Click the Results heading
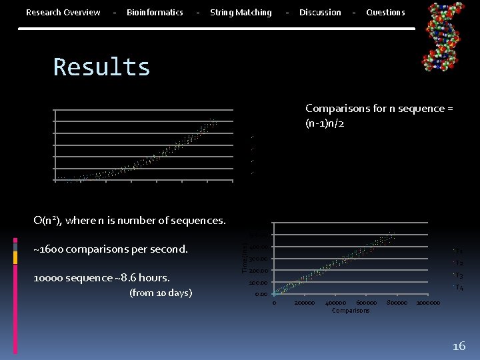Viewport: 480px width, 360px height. pos(102,67)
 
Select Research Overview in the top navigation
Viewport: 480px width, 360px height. pos(63,13)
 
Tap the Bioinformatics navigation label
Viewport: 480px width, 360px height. pos(155,13)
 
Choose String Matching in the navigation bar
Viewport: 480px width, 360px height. pos(241,13)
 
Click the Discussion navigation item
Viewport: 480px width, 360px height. pos(320,13)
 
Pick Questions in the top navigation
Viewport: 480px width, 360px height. pos(385,13)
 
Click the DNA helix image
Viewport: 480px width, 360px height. pos(444,37)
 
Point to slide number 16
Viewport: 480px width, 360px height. pos(459,346)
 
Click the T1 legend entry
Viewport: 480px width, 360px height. pos(459,251)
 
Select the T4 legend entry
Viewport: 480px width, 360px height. pos(459,287)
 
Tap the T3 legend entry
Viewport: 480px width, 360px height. pos(459,275)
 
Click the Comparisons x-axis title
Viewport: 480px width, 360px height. pos(351,311)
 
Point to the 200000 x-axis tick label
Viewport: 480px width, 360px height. pos(305,303)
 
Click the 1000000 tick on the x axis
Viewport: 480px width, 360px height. pos(428,303)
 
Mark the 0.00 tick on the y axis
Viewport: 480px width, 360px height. pos(261,294)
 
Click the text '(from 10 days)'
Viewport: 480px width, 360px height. pos(161,293)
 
